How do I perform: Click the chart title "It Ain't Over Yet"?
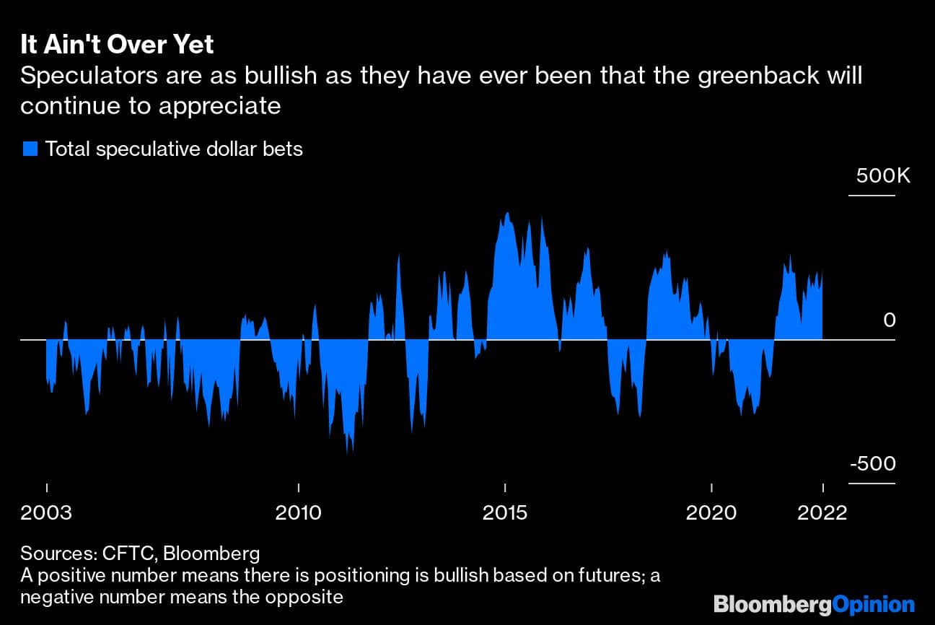[117, 45]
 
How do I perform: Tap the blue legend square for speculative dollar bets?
[30, 149]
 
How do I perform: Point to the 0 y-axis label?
[889, 320]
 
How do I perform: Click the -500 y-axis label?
[873, 464]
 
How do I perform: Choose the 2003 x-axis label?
[46, 512]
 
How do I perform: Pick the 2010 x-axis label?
[299, 512]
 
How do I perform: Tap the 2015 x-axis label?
[505, 512]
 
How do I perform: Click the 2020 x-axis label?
[711, 512]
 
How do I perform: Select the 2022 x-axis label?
[822, 512]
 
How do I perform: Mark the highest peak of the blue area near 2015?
[508, 213]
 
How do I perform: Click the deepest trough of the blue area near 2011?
[348, 452]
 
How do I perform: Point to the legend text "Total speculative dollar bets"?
[174, 149]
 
